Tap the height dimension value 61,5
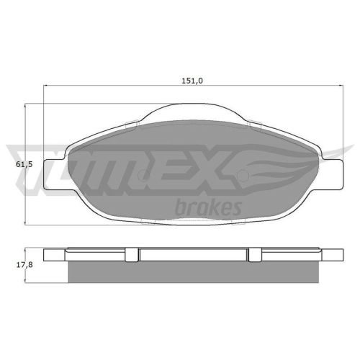pos(24,165)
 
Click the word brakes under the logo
pos(208,207)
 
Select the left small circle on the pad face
pos(143,174)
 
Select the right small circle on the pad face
pos(243,176)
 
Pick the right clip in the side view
pos(254,255)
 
